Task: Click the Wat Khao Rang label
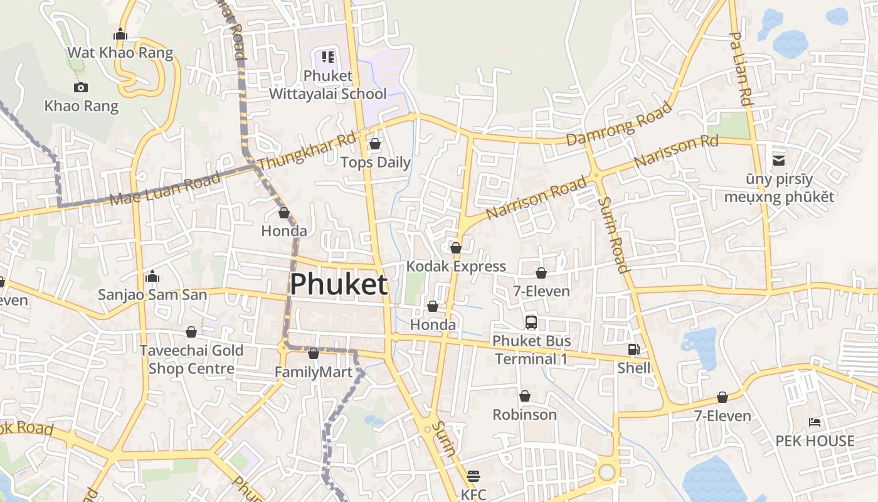pos(120,53)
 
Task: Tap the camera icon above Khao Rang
pos(81,87)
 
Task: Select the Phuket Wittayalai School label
pos(328,85)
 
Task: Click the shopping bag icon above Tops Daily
pos(375,144)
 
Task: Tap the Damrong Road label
pos(619,124)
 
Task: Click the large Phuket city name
pos(339,284)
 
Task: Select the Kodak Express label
pos(456,266)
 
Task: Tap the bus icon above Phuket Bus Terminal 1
pos(531,323)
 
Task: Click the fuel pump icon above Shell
pos(634,350)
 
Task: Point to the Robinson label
pos(524,415)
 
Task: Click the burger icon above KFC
pos(473,476)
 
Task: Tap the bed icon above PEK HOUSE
pos(815,422)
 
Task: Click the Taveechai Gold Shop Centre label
pos(191,359)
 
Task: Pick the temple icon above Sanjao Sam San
pos(152,276)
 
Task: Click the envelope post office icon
pos(779,161)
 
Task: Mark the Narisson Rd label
pos(676,151)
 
